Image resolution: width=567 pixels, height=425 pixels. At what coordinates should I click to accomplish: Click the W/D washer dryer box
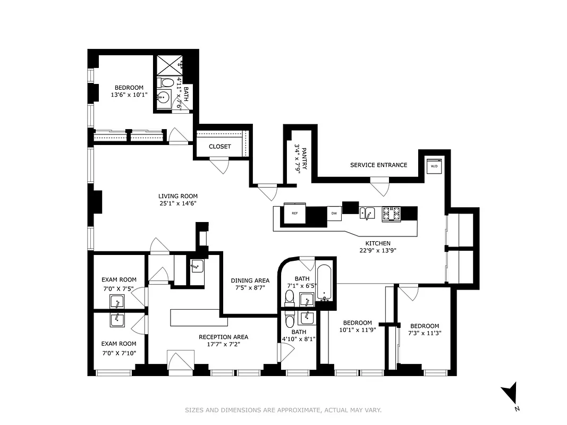(434, 166)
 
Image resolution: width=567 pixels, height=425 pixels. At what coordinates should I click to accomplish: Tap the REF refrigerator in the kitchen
(294, 213)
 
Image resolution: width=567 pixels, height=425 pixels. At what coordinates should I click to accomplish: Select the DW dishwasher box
(334, 213)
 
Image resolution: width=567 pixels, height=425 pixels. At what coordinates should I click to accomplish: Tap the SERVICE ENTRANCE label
(378, 165)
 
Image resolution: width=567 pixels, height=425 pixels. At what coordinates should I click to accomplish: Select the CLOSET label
(219, 147)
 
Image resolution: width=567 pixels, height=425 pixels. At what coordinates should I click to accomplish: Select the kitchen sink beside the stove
(367, 214)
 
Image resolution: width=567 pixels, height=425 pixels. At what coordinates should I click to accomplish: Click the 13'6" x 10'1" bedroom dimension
(129, 95)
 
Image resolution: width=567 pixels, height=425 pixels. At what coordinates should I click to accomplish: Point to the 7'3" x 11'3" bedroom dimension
(425, 333)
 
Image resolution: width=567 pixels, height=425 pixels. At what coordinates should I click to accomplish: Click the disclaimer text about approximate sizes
(283, 410)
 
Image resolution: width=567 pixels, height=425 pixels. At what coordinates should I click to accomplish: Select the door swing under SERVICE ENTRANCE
(379, 188)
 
